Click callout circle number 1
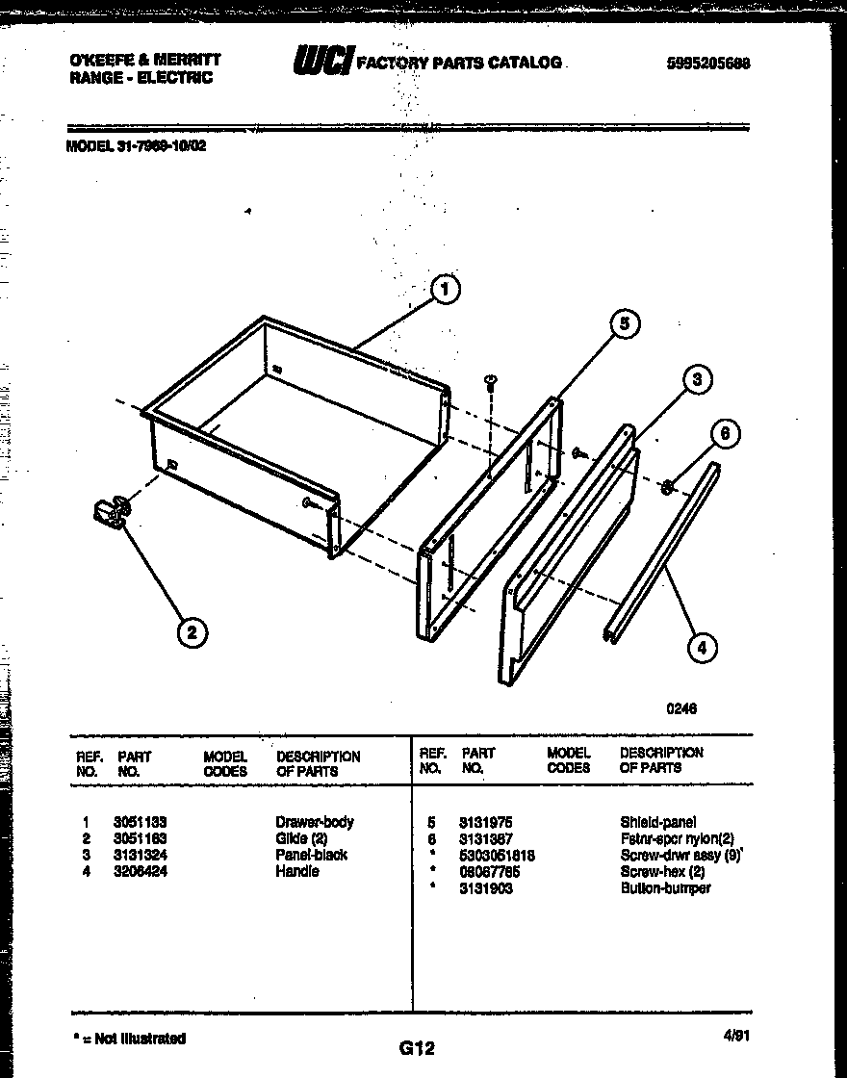tap(444, 289)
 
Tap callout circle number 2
tap(192, 631)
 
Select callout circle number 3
tap(697, 380)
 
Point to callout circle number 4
tap(702, 648)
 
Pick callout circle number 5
tap(624, 325)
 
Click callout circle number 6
tap(726, 434)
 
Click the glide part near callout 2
tap(113, 512)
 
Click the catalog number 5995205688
tap(707, 64)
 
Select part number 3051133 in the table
tap(140, 822)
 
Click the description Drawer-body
tap(315, 822)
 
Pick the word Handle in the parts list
tap(297, 871)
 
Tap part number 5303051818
tap(497, 855)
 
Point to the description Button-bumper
tap(666, 888)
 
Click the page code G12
tap(417, 1048)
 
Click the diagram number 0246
tap(681, 708)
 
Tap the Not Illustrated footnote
tap(129, 1039)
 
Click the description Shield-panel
tap(658, 822)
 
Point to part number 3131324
tap(140, 855)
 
